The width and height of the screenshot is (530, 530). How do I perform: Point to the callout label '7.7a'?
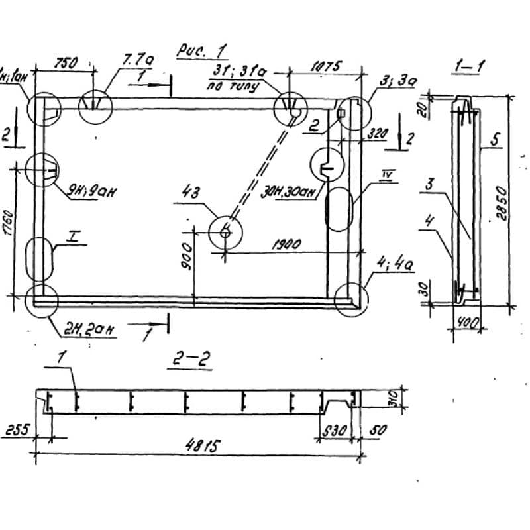138,61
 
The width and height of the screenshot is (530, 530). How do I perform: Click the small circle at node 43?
225,233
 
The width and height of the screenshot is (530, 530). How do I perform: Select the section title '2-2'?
187,360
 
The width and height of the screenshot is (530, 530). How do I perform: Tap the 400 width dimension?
466,323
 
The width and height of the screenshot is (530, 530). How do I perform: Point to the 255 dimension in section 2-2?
15,429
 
